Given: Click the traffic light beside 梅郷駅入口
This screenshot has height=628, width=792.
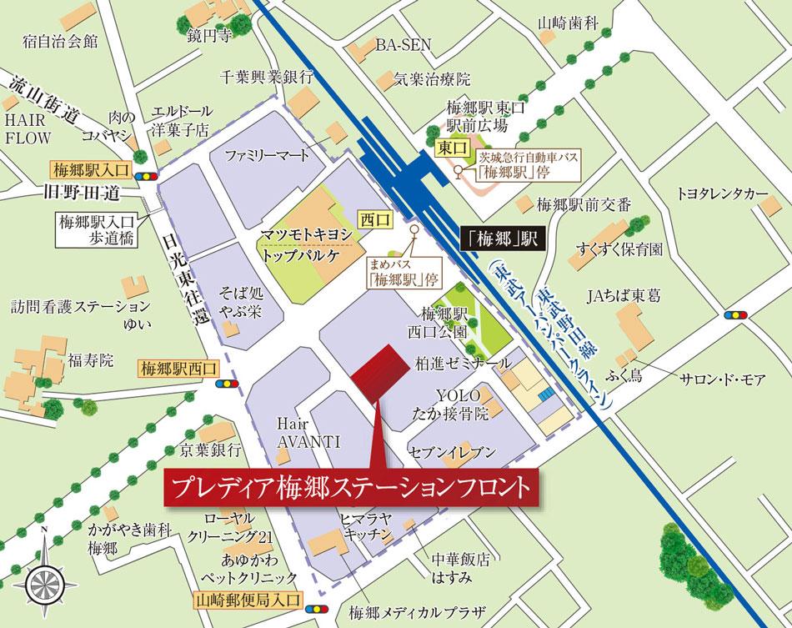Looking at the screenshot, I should point(149,177).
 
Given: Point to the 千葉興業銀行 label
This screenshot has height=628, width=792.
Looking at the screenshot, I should point(264,76).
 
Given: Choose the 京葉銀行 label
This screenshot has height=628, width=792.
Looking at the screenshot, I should point(213,450).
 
